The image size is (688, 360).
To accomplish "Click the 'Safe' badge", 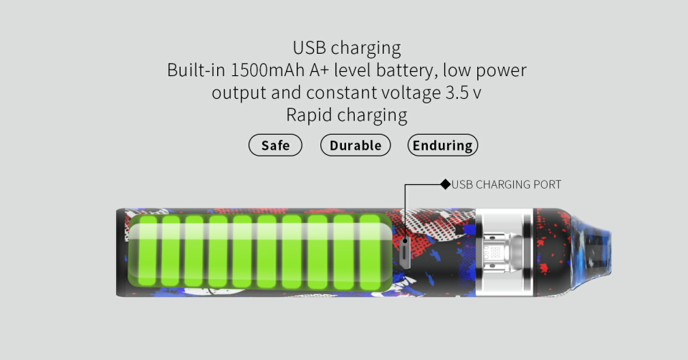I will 275,146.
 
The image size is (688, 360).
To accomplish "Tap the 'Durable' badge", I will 355,146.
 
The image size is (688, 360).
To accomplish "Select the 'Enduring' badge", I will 442,146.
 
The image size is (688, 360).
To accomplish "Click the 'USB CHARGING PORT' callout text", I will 506,184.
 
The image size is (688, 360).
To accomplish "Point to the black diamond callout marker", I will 445,184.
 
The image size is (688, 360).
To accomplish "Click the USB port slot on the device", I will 405,252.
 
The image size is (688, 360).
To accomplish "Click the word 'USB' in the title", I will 309,49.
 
